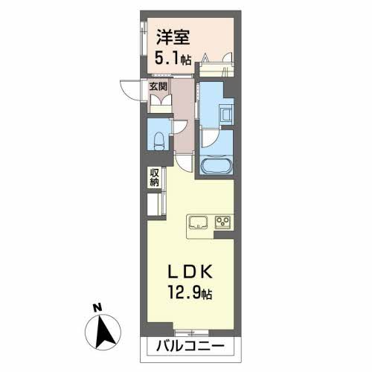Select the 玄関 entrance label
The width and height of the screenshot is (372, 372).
158,86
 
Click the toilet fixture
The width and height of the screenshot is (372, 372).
157,139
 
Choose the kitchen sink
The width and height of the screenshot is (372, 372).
198,221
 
